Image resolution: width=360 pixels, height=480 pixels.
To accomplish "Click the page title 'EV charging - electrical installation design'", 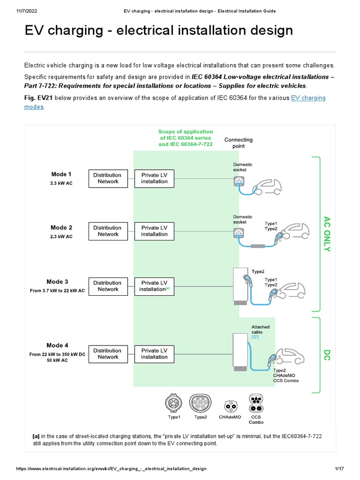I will (x=158, y=31).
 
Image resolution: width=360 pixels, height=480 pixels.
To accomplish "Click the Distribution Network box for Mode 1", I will (x=108, y=178).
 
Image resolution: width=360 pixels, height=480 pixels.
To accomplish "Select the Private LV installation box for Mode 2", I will (x=154, y=231).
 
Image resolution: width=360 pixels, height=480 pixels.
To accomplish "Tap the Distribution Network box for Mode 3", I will (x=108, y=286).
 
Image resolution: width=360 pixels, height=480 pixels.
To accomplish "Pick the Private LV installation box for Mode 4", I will (x=154, y=353).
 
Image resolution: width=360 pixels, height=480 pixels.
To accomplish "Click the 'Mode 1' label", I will (x=61, y=174).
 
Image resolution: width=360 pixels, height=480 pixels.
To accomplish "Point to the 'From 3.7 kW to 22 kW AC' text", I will (x=58, y=291).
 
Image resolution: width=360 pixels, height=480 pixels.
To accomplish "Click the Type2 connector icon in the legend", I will (x=201, y=403).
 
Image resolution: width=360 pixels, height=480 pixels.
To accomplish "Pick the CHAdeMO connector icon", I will (x=230, y=405).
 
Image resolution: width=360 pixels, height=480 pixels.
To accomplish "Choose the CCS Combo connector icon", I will (x=256, y=402).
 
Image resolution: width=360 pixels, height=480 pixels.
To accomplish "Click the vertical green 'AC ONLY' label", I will (x=327, y=233).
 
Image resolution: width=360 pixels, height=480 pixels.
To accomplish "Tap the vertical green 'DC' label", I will (x=327, y=355).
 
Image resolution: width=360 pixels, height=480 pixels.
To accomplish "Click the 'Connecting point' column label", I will (x=238, y=143).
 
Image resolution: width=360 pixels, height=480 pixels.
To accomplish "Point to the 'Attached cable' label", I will (x=261, y=330).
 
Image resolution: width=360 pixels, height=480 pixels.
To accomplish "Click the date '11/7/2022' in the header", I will (x=15, y=10).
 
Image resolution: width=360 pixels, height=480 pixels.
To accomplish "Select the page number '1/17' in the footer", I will (x=340, y=469).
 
